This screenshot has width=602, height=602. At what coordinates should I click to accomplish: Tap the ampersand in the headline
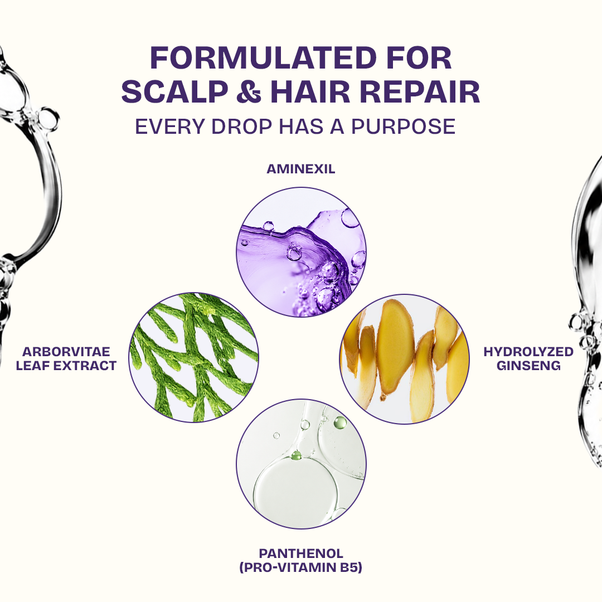249,92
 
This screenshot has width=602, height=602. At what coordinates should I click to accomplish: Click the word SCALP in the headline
174,92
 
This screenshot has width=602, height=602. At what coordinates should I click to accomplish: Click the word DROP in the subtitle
241,127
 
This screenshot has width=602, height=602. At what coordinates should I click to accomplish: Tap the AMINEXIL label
301,169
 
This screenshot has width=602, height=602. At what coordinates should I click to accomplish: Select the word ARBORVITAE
66,352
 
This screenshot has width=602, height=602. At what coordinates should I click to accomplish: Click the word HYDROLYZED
528,352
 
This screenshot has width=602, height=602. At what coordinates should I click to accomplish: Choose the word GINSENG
528,366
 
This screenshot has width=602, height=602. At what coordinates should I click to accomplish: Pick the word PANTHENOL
301,554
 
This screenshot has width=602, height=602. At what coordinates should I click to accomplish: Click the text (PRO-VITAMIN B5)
301,567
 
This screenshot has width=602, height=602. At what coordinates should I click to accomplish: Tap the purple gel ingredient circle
301,253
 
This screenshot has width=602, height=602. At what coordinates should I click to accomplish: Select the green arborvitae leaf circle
193,357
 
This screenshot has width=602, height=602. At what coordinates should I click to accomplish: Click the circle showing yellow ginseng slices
405,359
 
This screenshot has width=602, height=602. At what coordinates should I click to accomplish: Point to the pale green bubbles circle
301,464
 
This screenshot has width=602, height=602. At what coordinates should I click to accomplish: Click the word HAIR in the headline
310,92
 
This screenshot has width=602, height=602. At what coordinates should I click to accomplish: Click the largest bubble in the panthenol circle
295,492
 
